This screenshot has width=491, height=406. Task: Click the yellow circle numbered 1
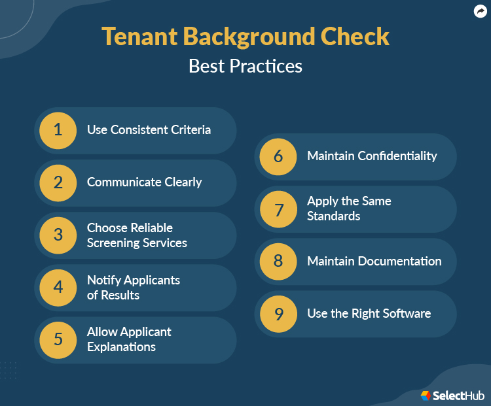pos(58,130)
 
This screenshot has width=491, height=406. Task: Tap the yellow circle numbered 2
pos(58,182)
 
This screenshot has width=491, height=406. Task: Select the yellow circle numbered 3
pos(58,235)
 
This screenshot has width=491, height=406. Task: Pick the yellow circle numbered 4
pos(58,287)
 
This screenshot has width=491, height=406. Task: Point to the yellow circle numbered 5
pos(58,339)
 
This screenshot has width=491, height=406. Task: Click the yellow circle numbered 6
pos(278,156)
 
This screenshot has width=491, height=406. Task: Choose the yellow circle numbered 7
pos(278,209)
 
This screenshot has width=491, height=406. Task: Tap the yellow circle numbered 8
pos(278,261)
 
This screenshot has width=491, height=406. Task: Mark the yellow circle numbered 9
pos(278,314)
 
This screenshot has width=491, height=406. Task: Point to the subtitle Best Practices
pos(245,66)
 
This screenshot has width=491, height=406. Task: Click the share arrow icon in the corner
pos(480,11)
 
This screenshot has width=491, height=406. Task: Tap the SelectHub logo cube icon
pos(426,395)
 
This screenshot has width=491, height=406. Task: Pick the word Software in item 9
pos(406,314)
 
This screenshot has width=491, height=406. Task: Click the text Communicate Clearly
pos(144,182)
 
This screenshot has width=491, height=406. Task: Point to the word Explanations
pos(121,347)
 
